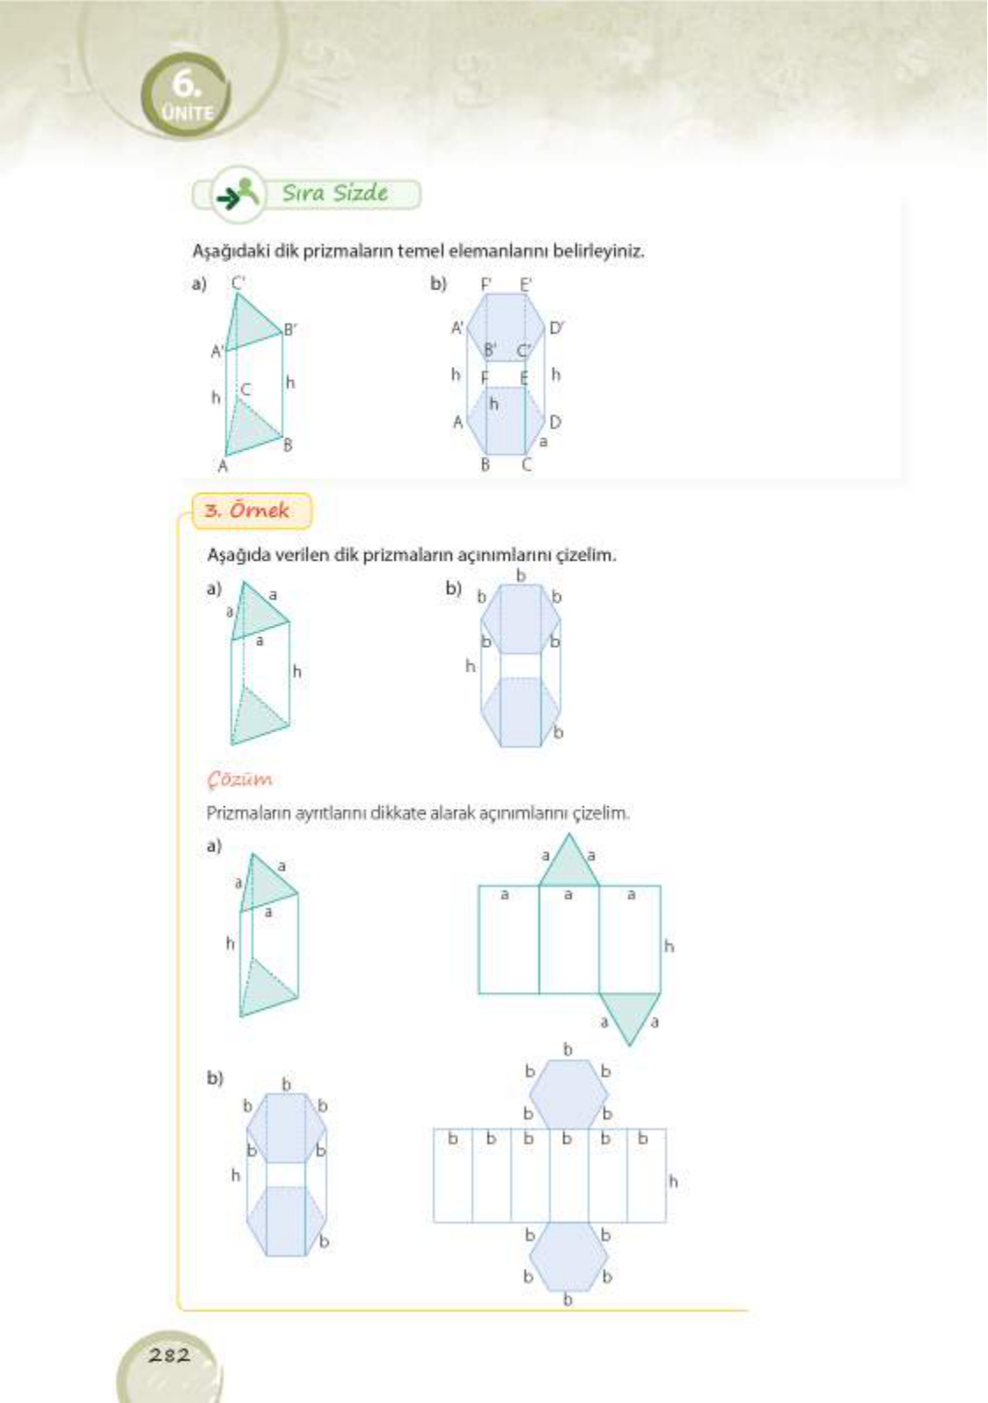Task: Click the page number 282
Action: point(169,1355)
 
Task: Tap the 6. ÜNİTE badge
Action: point(186,95)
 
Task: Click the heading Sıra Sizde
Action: point(334,193)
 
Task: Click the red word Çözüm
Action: point(239,779)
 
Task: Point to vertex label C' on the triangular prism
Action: point(238,283)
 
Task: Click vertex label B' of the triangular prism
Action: point(290,329)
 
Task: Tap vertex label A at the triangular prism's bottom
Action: point(222,466)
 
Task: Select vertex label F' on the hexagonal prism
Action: point(487,284)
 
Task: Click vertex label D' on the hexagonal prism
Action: point(556,328)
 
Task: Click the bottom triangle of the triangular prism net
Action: point(630,1013)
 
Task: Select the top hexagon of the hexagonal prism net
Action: point(568,1094)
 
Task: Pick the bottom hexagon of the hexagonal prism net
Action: point(568,1256)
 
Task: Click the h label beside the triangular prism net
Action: point(669,946)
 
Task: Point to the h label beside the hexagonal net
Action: point(673,1181)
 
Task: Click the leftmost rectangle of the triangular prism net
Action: point(508,940)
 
